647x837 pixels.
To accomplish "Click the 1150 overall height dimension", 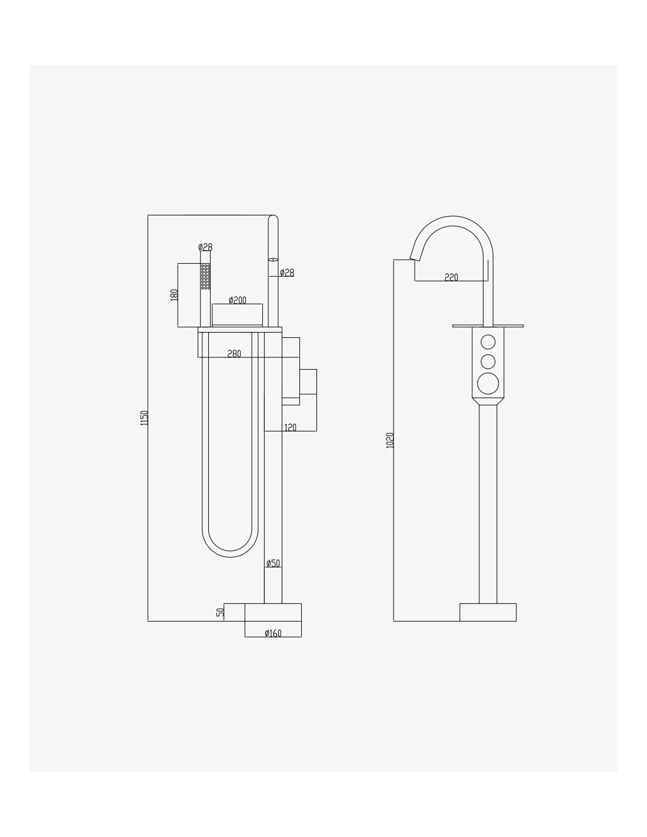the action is coord(145,418).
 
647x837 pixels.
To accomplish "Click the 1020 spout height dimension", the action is coord(390,440).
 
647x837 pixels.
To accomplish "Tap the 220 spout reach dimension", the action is coord(451,277).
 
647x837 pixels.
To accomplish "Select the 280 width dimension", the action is coord(234,354).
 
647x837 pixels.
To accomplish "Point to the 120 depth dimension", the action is coord(290,427).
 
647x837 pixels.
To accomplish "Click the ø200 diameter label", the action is coord(237,300).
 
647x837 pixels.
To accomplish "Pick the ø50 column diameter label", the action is coord(273,563).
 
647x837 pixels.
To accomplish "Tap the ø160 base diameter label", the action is coord(273,633).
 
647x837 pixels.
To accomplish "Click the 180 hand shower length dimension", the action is coord(174,295).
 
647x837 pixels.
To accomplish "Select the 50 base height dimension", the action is coord(220,612).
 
